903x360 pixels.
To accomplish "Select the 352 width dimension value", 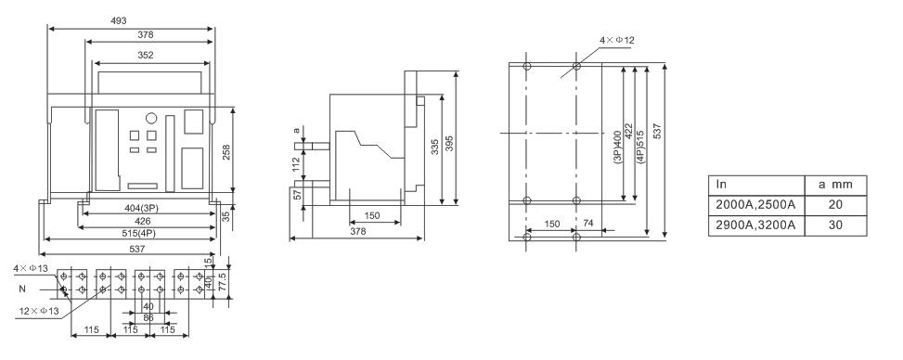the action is pos(146,56).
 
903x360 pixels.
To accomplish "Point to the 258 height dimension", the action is pos(226,152).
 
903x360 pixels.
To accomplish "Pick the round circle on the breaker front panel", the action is pos(151,118).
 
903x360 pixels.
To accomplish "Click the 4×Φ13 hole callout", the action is pos(32,268).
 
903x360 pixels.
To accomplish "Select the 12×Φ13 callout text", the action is pos(38,312).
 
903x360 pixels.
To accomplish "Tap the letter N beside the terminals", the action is pos(22,289).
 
